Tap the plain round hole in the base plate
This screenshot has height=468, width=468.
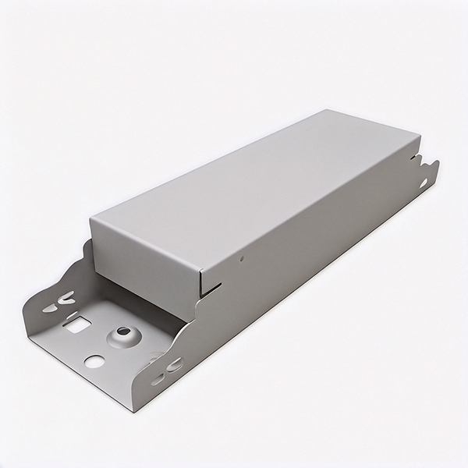pyautogui.click(x=94, y=361)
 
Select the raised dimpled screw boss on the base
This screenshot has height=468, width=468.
pyautogui.click(x=122, y=337)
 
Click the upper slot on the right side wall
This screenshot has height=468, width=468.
pyautogui.click(x=172, y=363)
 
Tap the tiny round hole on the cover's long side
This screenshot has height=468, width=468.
pyautogui.click(x=243, y=257)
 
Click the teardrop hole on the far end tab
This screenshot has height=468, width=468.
pyautogui.click(x=424, y=183)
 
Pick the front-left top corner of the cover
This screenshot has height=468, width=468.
pyautogui.click(x=90, y=218)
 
